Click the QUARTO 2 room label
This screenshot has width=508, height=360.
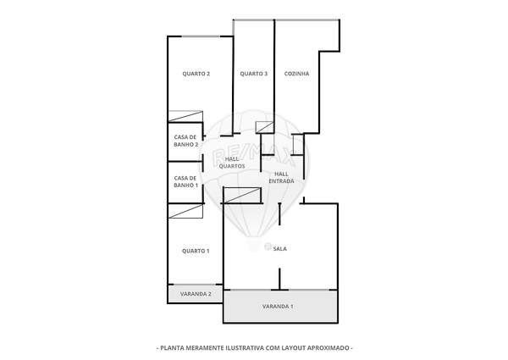tap(196, 74)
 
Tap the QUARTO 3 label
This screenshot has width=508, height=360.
tap(253, 74)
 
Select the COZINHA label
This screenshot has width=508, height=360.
tap(296, 74)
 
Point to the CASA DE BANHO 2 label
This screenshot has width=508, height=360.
tap(185, 141)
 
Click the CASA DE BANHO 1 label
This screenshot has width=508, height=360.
tap(185, 181)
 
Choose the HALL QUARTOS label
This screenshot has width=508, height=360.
tap(232, 163)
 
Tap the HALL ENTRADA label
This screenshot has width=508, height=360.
tap(281, 178)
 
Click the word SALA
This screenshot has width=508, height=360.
tap(280, 248)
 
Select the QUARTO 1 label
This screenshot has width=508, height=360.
tap(196, 251)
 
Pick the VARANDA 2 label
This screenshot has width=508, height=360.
tap(196, 294)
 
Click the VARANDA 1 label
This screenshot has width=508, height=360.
tap(278, 306)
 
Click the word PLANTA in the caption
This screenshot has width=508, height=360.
tap(174, 347)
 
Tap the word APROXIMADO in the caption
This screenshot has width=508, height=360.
tap(327, 347)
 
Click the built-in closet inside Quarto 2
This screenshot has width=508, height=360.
tap(185, 117)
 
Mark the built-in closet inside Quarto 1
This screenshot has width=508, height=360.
tap(185, 211)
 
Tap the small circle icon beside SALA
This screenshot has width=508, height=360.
tap(267, 247)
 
